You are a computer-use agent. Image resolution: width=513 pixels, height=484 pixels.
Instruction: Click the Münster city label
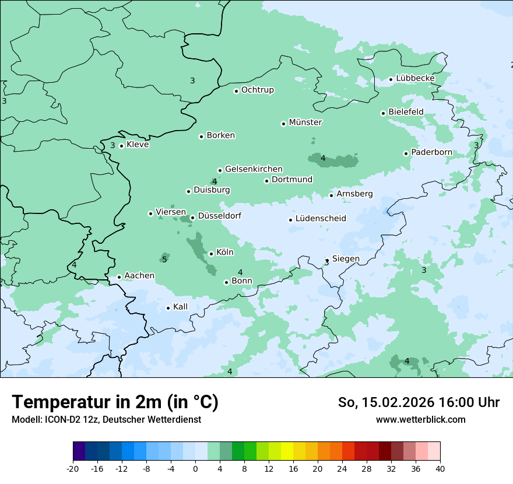click(305, 122)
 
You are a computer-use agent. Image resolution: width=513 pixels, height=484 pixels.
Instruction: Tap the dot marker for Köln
click(211, 254)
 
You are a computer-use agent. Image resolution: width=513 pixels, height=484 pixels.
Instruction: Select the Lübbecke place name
click(415, 78)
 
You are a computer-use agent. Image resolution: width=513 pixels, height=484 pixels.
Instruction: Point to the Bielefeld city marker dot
click(383, 113)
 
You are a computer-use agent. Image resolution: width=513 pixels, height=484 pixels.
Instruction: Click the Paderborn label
click(431, 152)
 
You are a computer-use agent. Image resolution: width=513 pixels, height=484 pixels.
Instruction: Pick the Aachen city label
click(139, 276)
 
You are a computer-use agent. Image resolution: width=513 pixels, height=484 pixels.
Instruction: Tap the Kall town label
click(180, 307)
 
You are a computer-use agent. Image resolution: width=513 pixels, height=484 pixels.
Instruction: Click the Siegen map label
click(346, 259)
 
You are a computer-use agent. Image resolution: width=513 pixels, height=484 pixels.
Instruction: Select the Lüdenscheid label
click(321, 219)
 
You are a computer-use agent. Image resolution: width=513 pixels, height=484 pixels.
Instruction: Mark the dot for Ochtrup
click(236, 90)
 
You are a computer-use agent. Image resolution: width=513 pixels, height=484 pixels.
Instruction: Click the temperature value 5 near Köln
click(164, 259)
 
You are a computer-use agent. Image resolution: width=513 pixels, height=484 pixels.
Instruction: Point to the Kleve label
click(138, 145)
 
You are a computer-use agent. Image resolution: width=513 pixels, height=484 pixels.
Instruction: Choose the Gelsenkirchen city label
click(254, 169)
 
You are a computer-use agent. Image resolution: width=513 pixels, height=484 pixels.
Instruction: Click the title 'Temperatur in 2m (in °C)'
click(115, 402)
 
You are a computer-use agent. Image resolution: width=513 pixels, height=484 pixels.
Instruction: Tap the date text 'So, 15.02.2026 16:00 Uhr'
click(419, 402)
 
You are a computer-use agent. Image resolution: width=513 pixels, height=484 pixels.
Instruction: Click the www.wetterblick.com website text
click(420, 419)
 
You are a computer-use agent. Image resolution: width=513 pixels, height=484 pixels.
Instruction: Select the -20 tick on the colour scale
click(73, 469)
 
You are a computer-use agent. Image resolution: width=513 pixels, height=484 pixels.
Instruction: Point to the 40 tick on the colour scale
click(440, 469)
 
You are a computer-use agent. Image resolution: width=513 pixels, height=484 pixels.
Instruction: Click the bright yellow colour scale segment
click(287, 451)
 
